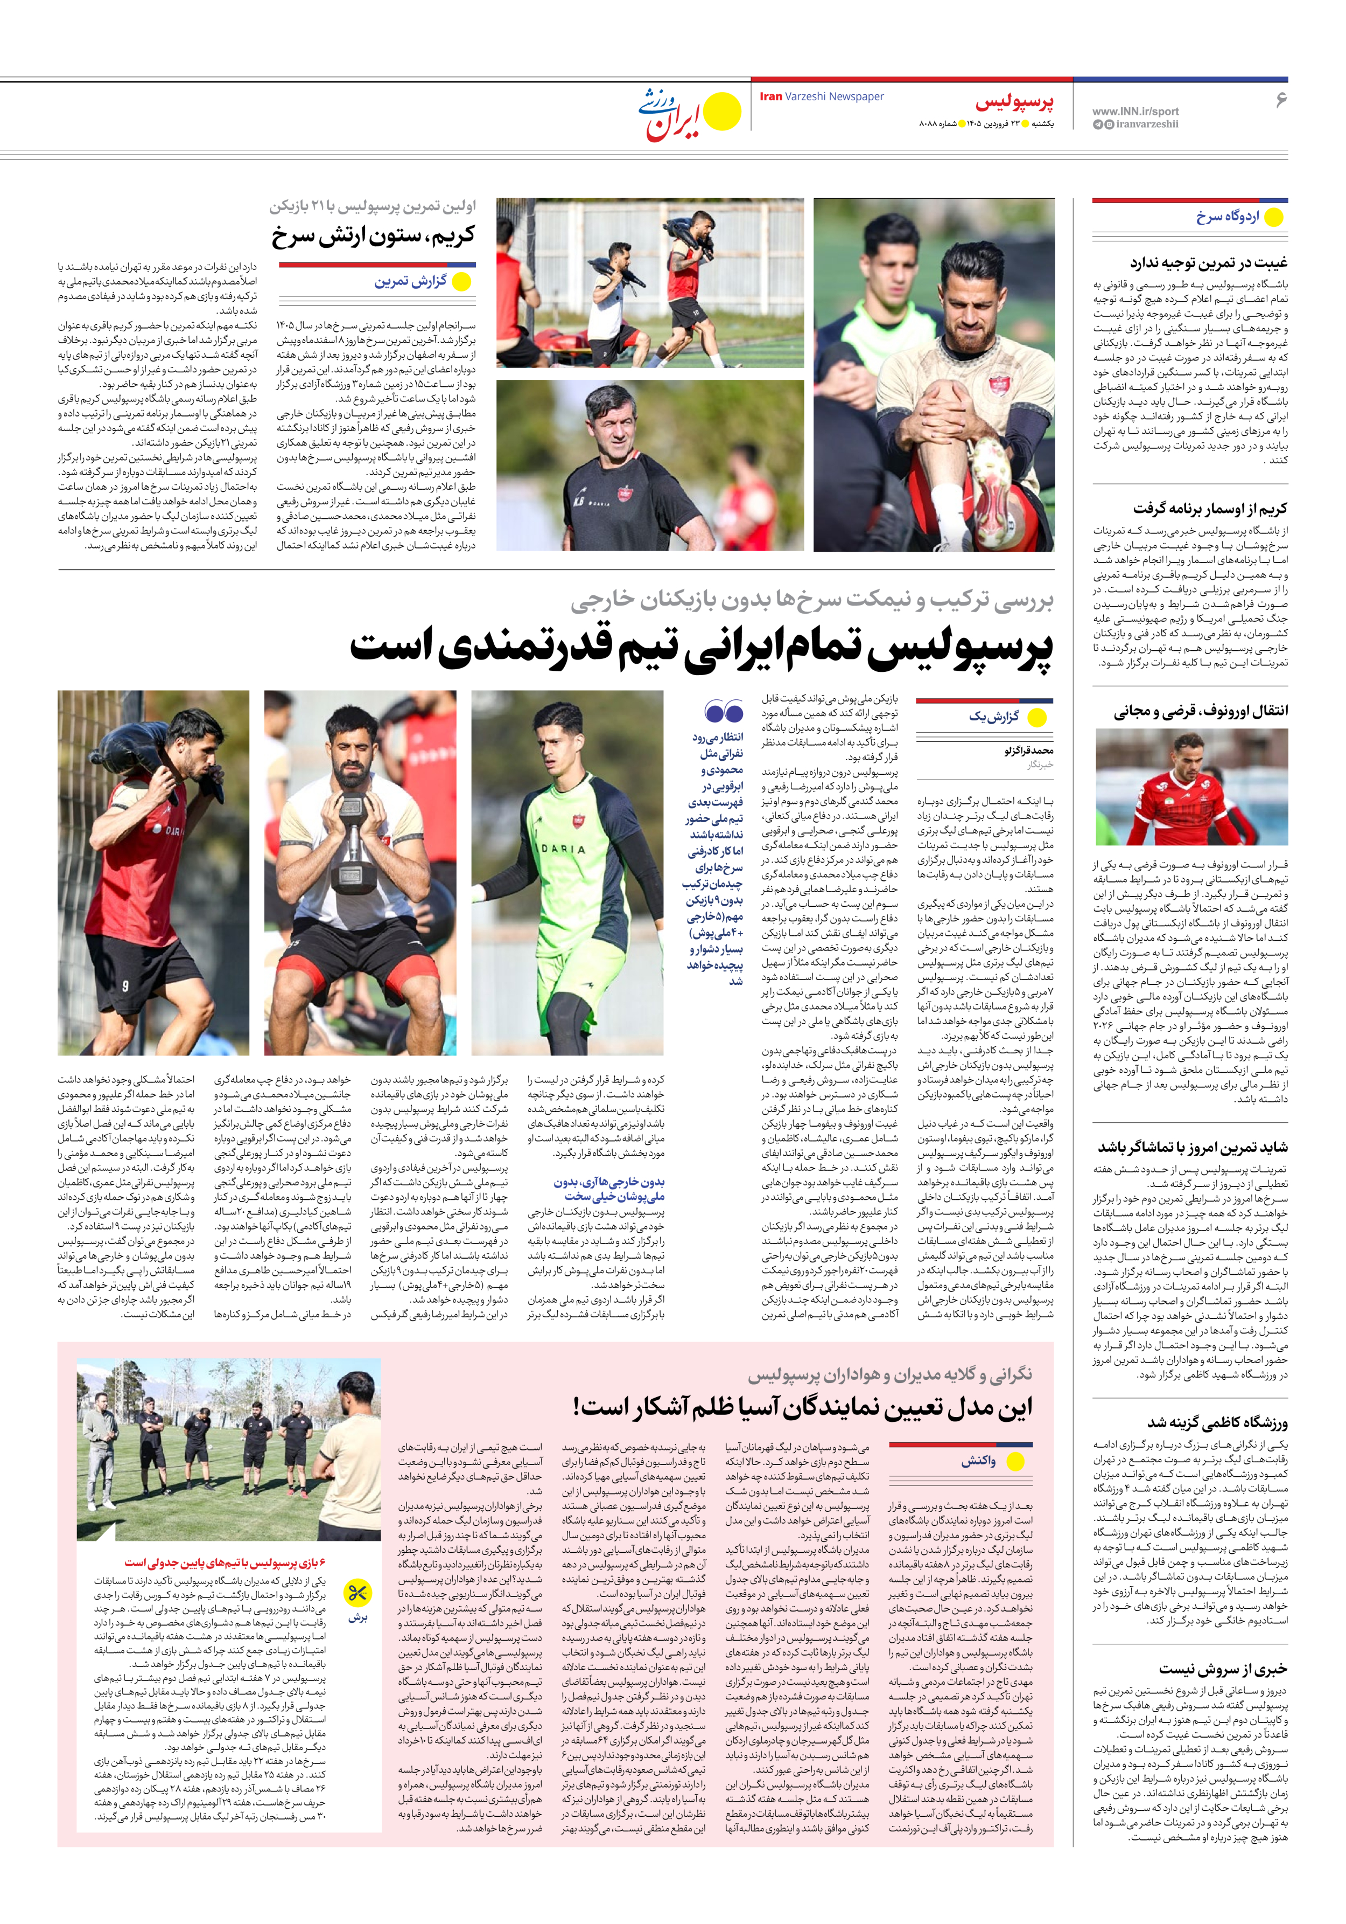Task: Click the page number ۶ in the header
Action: pos(1280,100)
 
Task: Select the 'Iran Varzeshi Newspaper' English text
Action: pos(822,96)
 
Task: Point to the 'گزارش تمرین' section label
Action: pos(410,282)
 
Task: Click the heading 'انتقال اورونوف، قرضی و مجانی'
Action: pos(1200,711)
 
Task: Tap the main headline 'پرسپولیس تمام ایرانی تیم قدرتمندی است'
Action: pos(701,649)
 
